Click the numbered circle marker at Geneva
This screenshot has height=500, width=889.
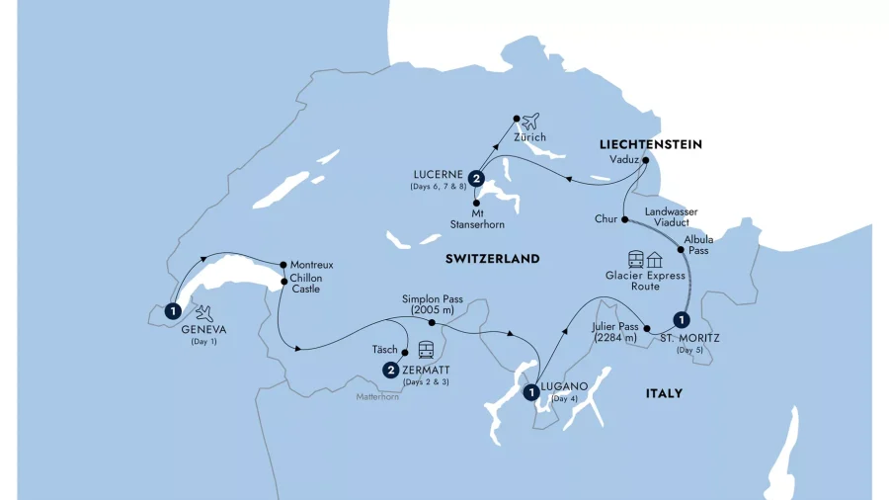coord(173,308)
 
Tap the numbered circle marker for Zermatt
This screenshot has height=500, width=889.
coord(392,371)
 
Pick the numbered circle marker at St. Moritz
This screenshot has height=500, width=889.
coord(680,319)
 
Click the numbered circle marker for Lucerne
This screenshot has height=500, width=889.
coord(477,179)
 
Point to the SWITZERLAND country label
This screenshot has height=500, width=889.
coord(492,259)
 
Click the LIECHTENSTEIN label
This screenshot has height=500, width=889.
coord(649,144)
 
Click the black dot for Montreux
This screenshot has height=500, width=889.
coord(283,265)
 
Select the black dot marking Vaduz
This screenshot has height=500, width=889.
coord(645,160)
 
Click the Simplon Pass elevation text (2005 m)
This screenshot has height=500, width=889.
coord(431,310)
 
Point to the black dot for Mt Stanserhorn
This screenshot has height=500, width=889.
coord(477,203)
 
